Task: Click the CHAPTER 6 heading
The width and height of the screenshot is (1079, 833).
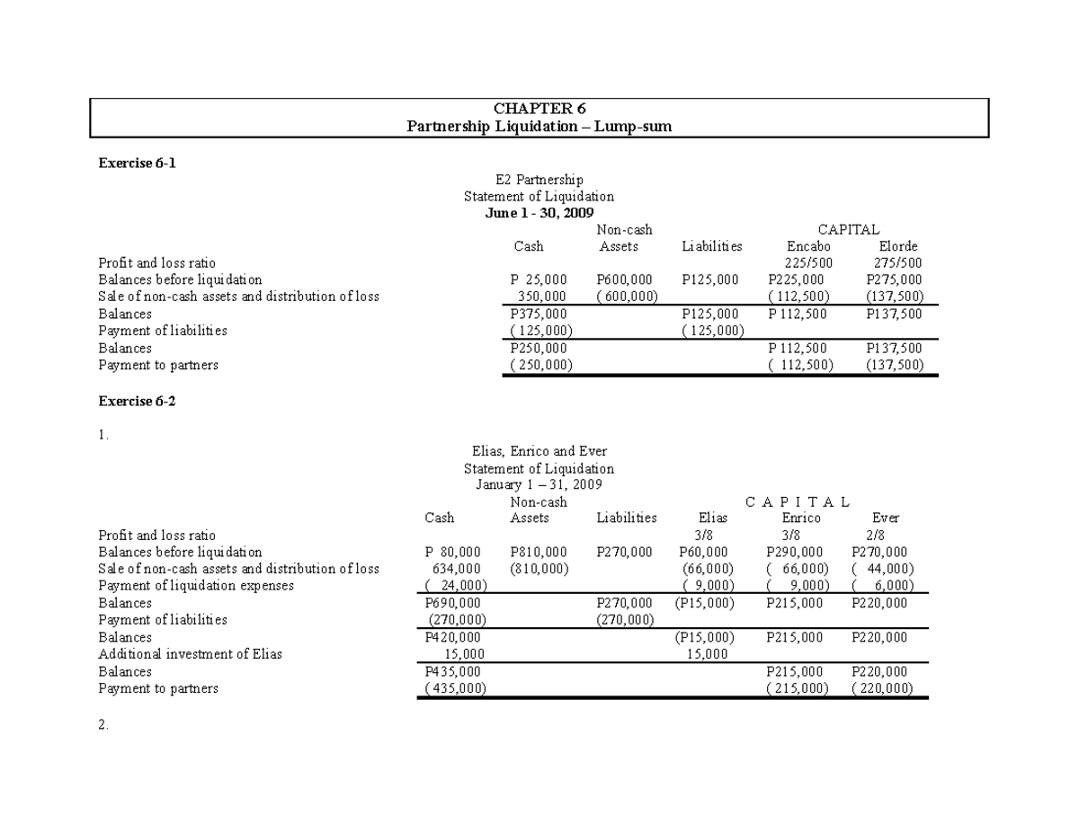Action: pos(539,110)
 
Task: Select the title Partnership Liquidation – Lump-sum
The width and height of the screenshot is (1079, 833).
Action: pos(539,127)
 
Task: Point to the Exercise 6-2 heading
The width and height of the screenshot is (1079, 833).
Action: pos(138,401)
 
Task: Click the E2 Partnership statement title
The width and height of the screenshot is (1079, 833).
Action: pos(539,180)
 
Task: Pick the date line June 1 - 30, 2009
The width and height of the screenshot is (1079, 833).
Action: pos(539,213)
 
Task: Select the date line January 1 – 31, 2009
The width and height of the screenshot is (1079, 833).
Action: pos(539,485)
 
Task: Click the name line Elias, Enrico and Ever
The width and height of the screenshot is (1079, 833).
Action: pos(539,451)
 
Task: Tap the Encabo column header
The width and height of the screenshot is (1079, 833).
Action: pos(808,246)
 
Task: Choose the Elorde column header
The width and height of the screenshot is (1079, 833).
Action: pos(897,246)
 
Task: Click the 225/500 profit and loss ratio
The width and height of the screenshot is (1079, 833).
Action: pos(808,263)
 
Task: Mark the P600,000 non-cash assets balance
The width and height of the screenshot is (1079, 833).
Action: pos(625,279)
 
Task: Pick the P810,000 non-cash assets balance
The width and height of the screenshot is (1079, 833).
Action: pos(538,552)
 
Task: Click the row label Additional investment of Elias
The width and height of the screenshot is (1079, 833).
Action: pos(190,654)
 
